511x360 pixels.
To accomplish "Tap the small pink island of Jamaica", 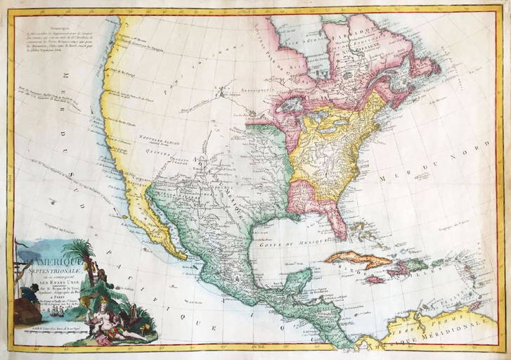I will click(375, 279).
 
